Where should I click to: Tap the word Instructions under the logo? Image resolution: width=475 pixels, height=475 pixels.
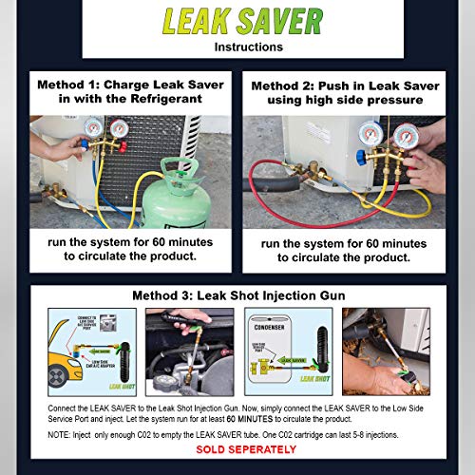pyautogui.click(x=237, y=45)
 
